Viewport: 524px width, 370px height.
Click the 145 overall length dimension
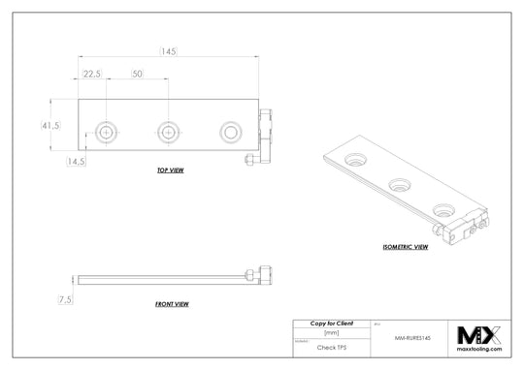(x=169, y=50)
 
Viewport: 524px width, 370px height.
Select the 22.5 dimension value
(x=93, y=75)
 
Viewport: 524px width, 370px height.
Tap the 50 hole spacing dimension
(x=137, y=75)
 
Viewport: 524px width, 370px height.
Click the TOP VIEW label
(x=171, y=170)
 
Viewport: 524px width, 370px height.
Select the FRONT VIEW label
(x=172, y=304)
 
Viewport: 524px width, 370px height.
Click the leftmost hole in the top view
(x=106, y=131)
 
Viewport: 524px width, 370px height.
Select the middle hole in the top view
(x=168, y=131)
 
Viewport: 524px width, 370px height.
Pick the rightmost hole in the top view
(x=230, y=131)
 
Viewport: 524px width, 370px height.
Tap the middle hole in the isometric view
(x=399, y=183)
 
